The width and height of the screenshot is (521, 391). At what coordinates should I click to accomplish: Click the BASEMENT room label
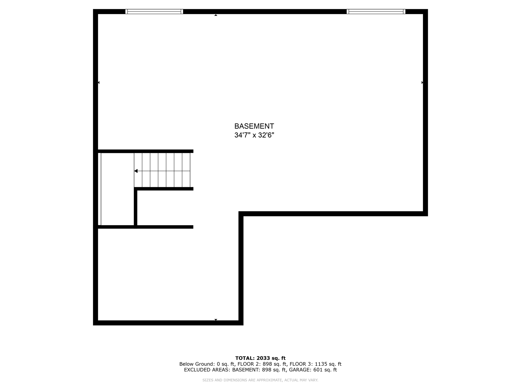(x=254, y=126)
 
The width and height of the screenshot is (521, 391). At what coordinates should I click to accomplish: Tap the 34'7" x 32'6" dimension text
(x=254, y=135)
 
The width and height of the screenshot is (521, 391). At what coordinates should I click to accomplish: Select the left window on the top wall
(x=154, y=11)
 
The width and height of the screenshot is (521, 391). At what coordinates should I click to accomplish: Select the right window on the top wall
(x=376, y=11)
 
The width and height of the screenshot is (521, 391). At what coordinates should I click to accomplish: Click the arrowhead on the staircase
(x=136, y=171)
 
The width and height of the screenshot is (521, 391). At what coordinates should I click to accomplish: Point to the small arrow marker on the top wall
(x=216, y=15)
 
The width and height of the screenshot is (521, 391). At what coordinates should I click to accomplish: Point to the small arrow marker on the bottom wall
(x=216, y=319)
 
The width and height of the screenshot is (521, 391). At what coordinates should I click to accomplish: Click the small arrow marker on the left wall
(x=99, y=82)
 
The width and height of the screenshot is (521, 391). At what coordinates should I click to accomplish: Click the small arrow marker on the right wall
(x=422, y=82)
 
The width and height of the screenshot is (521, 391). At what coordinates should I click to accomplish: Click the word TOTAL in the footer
(x=244, y=358)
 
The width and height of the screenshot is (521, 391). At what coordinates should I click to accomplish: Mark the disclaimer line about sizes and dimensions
(x=260, y=380)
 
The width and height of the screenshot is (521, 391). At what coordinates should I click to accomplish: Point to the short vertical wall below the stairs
(x=136, y=207)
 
